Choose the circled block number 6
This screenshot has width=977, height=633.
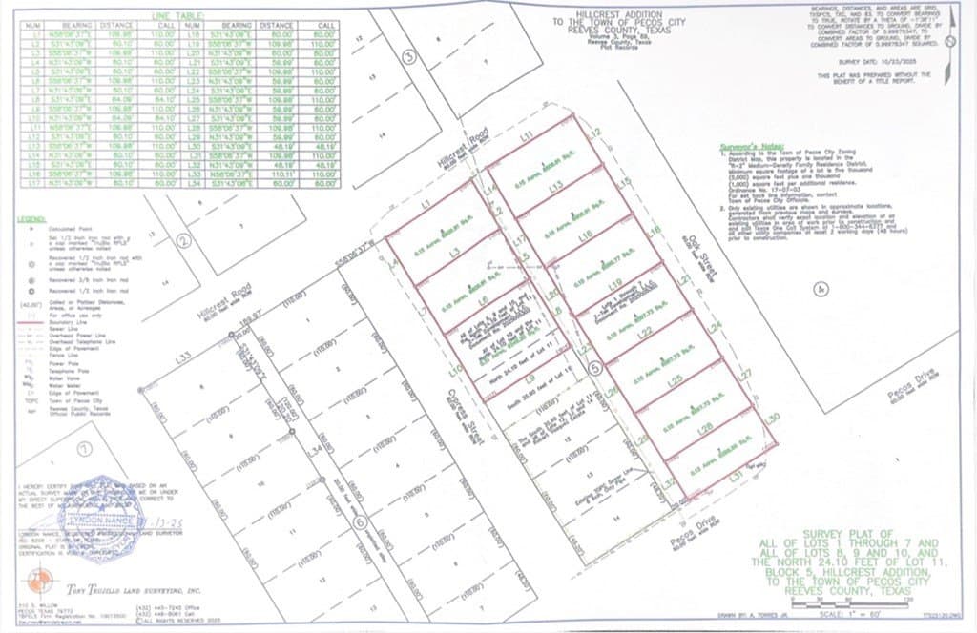(360, 521)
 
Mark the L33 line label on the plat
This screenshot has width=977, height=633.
(184, 358)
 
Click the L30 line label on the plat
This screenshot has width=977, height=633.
(774, 418)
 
